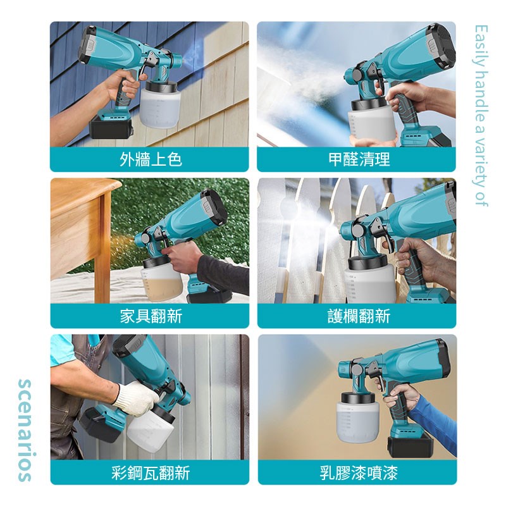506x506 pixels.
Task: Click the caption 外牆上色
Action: [x=151, y=159]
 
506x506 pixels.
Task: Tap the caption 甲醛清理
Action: [x=359, y=159]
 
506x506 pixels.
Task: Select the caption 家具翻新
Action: [x=151, y=316]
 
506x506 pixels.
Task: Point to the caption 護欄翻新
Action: [x=359, y=316]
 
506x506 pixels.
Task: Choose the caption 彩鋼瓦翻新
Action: [x=151, y=472]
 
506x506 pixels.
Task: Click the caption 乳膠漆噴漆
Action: [x=359, y=472]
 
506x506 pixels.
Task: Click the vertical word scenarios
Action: [x=25, y=430]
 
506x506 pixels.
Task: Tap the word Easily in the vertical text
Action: [x=481, y=44]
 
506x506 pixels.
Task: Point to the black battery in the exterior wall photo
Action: [x=111, y=127]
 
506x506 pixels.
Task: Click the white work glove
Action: [x=136, y=398]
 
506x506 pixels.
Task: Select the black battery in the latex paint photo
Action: [x=410, y=446]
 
